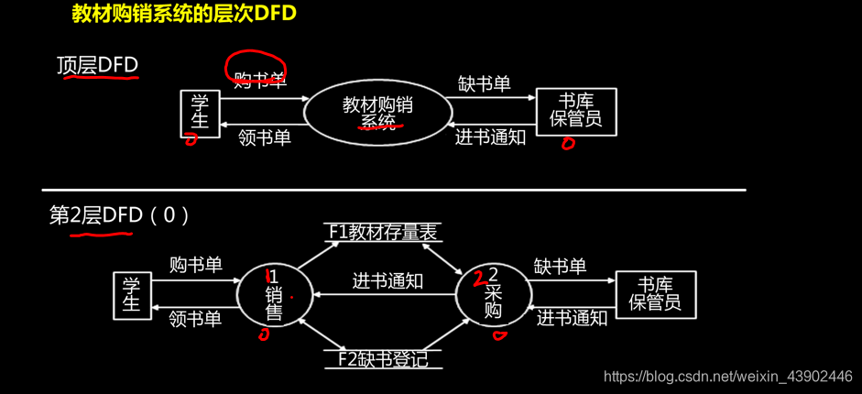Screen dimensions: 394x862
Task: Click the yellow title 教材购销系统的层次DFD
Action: tap(184, 16)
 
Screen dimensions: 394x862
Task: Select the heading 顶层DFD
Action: tap(97, 66)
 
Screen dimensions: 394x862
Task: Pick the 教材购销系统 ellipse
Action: tap(377, 113)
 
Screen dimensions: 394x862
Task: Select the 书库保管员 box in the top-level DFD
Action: tap(575, 112)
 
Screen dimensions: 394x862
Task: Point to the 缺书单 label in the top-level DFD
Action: tap(484, 84)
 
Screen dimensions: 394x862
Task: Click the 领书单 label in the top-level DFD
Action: tap(265, 137)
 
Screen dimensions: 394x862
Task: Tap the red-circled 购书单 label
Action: tap(258, 79)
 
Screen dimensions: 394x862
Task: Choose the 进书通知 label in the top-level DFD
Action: tap(490, 137)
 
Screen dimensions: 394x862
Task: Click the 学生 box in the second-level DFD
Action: tap(131, 295)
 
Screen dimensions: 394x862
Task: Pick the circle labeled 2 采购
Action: tap(493, 293)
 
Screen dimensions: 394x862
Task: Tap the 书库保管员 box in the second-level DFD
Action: tap(655, 294)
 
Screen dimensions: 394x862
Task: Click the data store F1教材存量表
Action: tap(383, 233)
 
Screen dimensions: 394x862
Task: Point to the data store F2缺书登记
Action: tap(383, 358)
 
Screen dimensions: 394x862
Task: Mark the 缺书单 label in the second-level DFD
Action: tap(560, 267)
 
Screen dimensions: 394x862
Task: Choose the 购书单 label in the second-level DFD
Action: tap(195, 266)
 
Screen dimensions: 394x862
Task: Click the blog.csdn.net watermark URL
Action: tap(729, 377)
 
